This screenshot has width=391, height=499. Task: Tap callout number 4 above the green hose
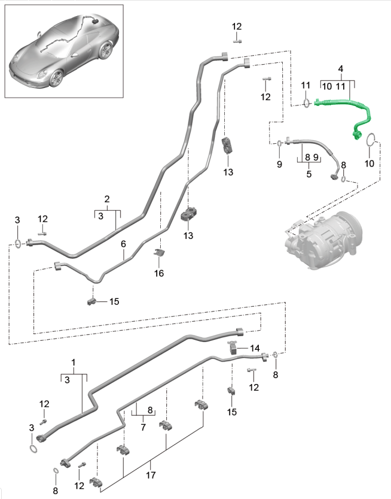pos(341,68)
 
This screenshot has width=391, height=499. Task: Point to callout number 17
pos(151,475)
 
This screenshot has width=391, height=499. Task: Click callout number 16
pos(159,273)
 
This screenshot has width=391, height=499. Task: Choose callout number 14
pos(255,348)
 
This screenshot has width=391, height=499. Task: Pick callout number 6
pos(123,244)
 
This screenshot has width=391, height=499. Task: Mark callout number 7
pos(143,427)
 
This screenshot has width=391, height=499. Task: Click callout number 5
pos(308,174)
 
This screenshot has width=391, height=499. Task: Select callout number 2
pos(107,199)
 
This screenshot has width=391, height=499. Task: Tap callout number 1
pos(74,362)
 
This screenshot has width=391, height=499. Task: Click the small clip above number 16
pos(159,253)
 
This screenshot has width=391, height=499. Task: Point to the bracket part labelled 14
pos(233,347)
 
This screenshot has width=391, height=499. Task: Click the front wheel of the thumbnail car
pos(56,78)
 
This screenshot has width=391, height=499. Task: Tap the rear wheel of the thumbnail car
pos(106,50)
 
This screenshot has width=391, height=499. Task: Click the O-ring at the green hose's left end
pos(306,103)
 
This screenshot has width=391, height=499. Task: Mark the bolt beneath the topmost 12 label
pos(237,41)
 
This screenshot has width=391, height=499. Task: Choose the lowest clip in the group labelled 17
pos(96,482)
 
